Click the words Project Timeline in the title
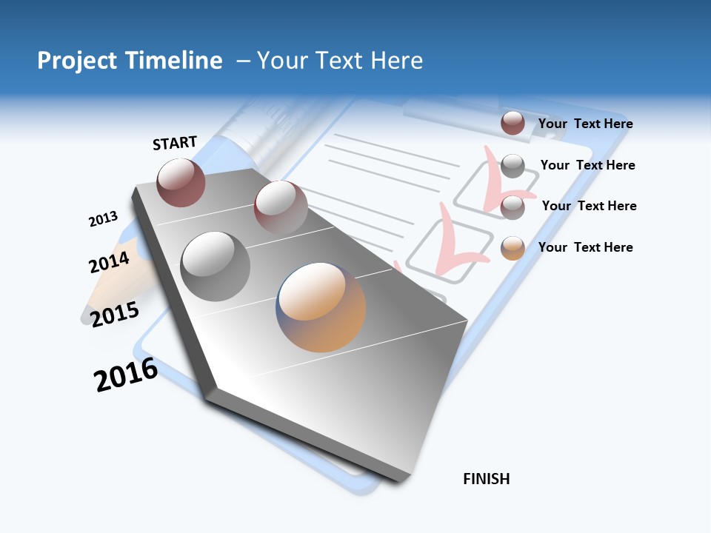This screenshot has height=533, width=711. [x=130, y=61]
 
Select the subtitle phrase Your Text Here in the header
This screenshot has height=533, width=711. [x=340, y=61]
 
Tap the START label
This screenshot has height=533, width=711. [x=175, y=143]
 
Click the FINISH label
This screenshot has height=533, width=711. [x=487, y=479]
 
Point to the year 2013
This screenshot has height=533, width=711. [x=103, y=219]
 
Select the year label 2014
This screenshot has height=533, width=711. [x=109, y=262]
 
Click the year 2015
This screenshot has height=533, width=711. [x=114, y=314]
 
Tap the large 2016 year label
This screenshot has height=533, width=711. [x=125, y=375]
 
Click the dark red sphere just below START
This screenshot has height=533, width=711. [x=181, y=182]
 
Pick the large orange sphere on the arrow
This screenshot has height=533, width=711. [x=321, y=307]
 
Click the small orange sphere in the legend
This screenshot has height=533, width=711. [x=513, y=248]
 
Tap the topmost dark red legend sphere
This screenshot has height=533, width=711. [x=513, y=123]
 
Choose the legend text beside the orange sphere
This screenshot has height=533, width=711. [x=585, y=247]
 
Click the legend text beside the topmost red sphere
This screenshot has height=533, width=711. [x=585, y=124]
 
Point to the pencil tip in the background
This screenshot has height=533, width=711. [x=87, y=315]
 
